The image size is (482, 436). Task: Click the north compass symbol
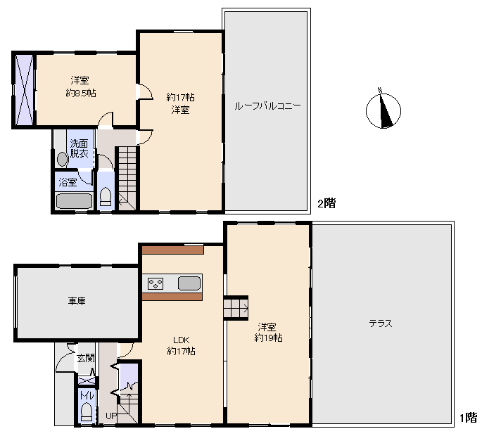pos(383,110)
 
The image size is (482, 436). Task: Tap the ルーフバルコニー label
pos(267,106)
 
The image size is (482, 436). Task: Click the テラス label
pos(381,323)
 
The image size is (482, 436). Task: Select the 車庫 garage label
pos(77,300)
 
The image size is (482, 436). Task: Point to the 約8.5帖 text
pos(81,93)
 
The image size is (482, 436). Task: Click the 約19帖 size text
pos(268,338)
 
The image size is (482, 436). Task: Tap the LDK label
pos(182,340)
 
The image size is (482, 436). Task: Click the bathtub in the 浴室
pos(74,201)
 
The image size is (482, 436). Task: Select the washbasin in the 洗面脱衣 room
pos(63,160)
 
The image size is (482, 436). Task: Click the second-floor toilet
pos(106,197)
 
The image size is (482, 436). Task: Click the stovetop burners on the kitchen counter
pos(156,283)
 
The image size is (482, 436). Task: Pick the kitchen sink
pos(189,283)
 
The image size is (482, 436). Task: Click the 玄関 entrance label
pos(85,358)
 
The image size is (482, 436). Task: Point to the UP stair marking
pos(111,416)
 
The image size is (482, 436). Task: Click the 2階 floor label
pos(326,203)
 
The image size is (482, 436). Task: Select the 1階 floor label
pos(469,418)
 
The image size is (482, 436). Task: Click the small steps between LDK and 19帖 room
pos(236,308)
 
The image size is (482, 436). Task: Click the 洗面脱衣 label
pos(79,148)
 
